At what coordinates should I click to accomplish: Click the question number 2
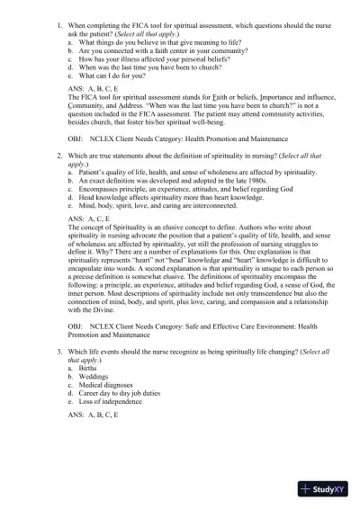[58, 155]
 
